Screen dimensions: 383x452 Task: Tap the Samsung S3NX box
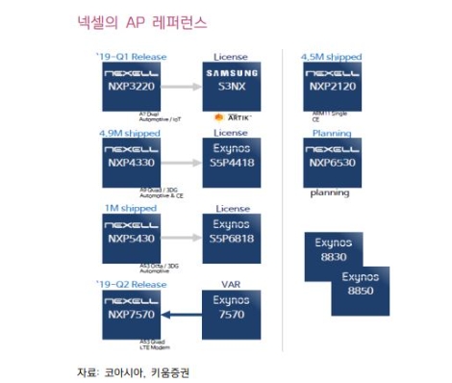point(232,86)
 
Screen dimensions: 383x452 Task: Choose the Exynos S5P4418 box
point(232,161)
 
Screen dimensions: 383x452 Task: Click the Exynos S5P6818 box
point(232,237)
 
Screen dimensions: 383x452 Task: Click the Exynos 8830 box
point(333,252)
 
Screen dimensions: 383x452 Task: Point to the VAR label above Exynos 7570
point(232,284)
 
